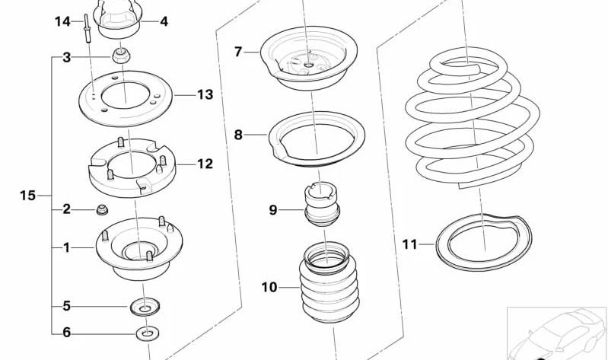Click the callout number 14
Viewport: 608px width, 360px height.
[x=62, y=21]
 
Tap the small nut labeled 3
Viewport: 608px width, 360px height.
[x=120, y=56]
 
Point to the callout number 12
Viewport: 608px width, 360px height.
[x=205, y=164]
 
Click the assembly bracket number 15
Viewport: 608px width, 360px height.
[x=27, y=196]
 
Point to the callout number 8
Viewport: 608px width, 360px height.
[x=238, y=135]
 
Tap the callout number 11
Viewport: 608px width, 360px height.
[x=410, y=244]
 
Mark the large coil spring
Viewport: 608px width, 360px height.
[x=472, y=129]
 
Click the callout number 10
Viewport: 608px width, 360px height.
[x=269, y=288]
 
